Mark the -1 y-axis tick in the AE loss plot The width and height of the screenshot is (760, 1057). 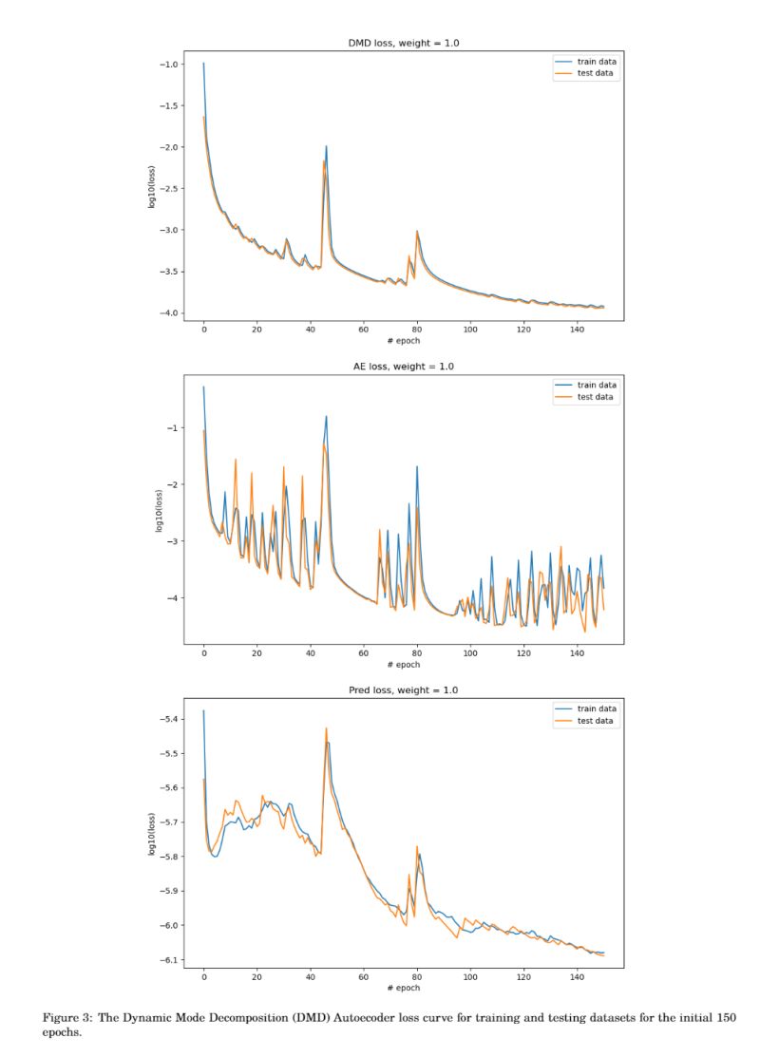pos(174,428)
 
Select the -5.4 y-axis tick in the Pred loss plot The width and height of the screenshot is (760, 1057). pos(169,719)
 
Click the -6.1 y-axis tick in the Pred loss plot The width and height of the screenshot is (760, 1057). pos(169,960)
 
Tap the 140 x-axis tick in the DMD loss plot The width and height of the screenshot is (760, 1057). pos(578,330)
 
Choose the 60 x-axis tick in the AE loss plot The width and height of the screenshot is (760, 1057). pos(364,653)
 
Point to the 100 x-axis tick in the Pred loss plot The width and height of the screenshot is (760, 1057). pos(471,976)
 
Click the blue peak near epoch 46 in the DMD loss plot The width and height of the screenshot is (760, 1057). pos(327,146)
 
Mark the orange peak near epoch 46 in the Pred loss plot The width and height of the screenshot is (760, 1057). pos(326,728)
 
